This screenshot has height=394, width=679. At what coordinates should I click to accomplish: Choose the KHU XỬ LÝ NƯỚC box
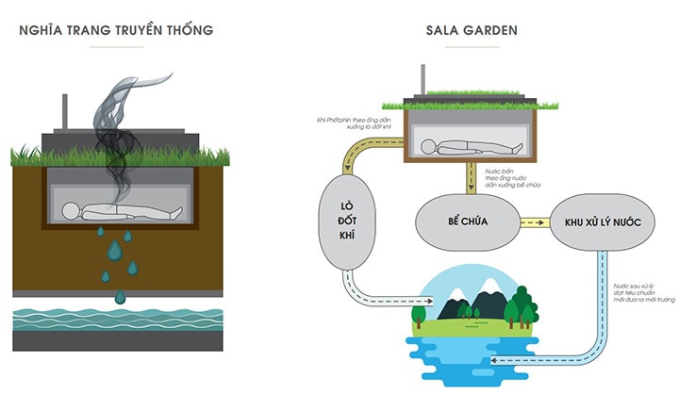(597, 222)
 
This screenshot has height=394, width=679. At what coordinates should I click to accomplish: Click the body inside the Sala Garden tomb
(466, 146)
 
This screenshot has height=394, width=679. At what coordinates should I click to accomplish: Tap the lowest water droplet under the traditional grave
(120, 298)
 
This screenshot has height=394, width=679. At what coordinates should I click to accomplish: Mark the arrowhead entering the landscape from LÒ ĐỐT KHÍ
(432, 304)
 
